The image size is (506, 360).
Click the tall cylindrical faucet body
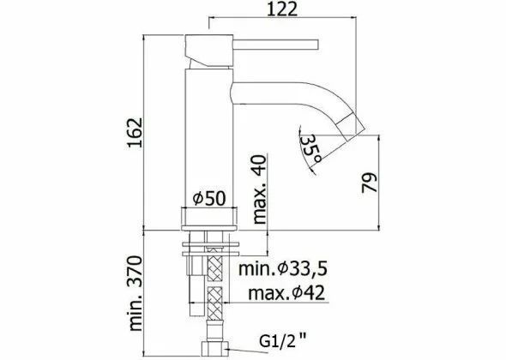[x=208, y=137]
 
